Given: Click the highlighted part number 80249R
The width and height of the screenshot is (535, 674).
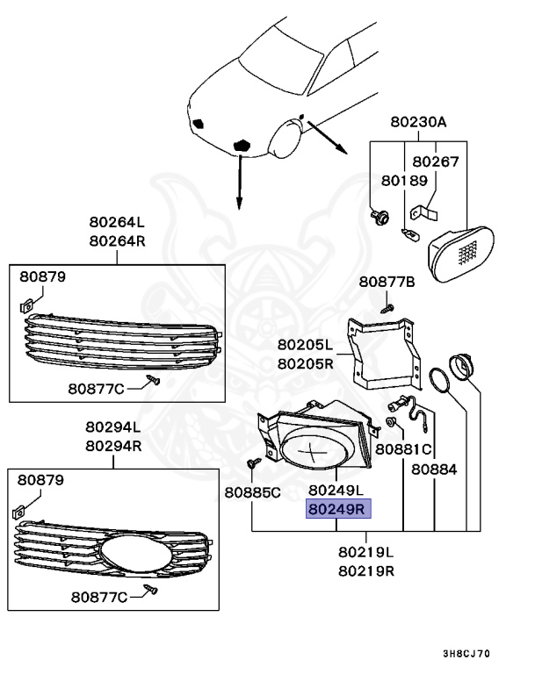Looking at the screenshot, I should [338, 509].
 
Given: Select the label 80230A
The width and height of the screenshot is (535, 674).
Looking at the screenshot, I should [418, 123].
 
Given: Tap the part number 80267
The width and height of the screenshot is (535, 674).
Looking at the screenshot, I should [436, 161].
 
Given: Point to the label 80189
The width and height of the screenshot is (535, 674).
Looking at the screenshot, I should [404, 180].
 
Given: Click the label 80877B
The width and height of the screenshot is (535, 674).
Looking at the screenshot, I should [387, 282].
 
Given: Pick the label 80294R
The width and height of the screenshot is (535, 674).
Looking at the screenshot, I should [112, 445].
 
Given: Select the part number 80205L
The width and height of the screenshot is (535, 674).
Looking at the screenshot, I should [305, 345].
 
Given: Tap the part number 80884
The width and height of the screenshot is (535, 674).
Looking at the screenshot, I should [434, 470].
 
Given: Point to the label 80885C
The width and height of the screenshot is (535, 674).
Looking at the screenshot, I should [252, 492].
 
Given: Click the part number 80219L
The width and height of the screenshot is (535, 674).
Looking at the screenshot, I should [365, 553].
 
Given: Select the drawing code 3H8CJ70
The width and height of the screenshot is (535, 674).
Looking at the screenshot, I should [466, 654].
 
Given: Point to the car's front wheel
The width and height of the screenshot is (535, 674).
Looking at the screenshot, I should [286, 140].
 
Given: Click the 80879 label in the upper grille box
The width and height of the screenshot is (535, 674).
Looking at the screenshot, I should [42, 277].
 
